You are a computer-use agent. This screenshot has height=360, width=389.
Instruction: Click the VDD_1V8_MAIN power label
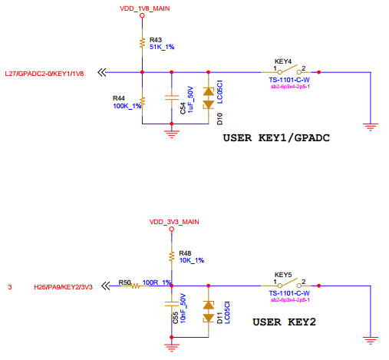(144, 8)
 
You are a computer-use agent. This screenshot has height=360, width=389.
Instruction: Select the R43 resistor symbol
(142, 43)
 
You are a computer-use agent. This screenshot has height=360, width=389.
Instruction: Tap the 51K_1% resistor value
(162, 47)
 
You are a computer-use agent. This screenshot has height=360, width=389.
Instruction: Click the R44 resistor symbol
(142, 102)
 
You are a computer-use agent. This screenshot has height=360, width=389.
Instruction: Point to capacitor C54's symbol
(172, 97)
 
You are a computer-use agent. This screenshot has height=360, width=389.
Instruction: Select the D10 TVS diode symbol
(209, 98)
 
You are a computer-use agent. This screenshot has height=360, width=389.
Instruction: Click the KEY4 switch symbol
(289, 70)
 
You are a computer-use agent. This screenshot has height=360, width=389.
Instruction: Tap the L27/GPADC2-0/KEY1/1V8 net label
(45, 74)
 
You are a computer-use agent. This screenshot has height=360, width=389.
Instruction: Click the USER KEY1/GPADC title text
(276, 138)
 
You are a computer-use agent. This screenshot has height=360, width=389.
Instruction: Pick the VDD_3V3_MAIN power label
(174, 222)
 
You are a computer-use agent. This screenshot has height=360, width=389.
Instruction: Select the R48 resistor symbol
(172, 256)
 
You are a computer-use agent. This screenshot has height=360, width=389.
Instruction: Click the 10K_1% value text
(192, 260)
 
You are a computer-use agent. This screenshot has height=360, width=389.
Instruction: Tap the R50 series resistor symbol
(136, 286)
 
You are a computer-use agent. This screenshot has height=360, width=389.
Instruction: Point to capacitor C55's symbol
(172, 304)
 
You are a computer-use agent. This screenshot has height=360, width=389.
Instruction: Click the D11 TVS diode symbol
(209, 312)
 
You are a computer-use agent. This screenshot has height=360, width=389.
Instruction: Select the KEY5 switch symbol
(289, 283)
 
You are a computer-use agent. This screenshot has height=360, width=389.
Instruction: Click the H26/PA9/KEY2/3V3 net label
(63, 287)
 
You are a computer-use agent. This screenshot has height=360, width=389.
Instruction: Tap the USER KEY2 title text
(284, 322)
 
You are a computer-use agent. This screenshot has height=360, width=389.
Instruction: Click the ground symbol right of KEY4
(371, 127)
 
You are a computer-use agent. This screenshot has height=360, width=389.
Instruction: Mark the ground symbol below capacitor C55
(172, 348)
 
